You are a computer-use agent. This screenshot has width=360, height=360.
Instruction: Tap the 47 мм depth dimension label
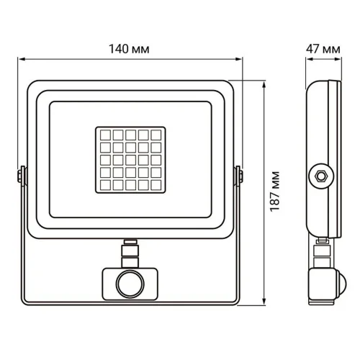(322, 49)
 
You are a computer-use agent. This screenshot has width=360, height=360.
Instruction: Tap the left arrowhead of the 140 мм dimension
(19, 60)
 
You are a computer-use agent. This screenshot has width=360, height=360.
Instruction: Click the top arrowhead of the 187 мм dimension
(267, 84)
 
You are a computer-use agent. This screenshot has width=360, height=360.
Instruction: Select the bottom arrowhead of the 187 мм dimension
(267, 305)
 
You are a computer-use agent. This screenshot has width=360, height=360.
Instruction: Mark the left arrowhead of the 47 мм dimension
(304, 60)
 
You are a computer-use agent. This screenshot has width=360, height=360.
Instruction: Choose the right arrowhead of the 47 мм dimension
(338, 60)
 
